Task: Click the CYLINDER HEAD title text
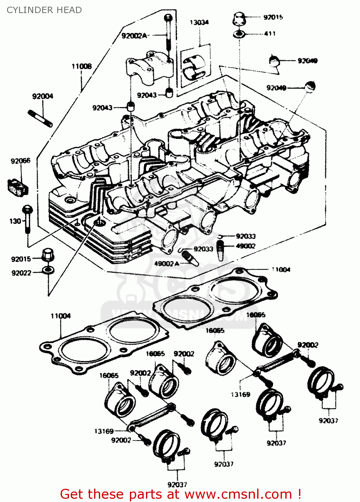tap(44, 10)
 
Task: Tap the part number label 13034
tap(199, 22)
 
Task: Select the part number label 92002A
tap(134, 36)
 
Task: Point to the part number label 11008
tap(81, 66)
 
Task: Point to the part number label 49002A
tap(166, 264)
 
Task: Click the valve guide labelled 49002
tap(220, 250)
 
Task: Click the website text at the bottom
tap(181, 494)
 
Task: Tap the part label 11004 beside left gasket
tap(61, 316)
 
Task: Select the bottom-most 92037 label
tap(177, 484)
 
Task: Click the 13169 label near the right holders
tap(240, 395)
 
